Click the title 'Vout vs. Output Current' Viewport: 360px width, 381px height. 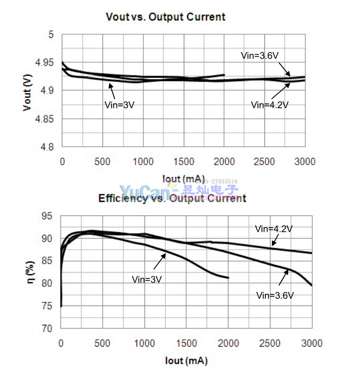pyautogui.click(x=165, y=17)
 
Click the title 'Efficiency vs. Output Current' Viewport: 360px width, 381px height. pyautogui.click(x=172, y=198)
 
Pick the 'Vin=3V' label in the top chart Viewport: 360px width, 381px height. pyautogui.click(x=120, y=105)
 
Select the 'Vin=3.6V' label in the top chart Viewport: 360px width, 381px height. pyautogui.click(x=259, y=56)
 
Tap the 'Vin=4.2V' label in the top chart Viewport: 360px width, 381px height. pyautogui.click(x=270, y=105)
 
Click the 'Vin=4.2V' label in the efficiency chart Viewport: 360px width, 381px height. pyautogui.click(x=274, y=229)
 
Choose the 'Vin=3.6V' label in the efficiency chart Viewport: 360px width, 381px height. pyautogui.click(x=275, y=295)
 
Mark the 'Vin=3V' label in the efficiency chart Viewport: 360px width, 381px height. pyautogui.click(x=147, y=280)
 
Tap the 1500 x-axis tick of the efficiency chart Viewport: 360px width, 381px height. pyautogui.click(x=186, y=343)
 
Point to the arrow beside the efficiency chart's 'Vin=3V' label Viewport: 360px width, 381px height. pyautogui.click(x=159, y=261)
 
